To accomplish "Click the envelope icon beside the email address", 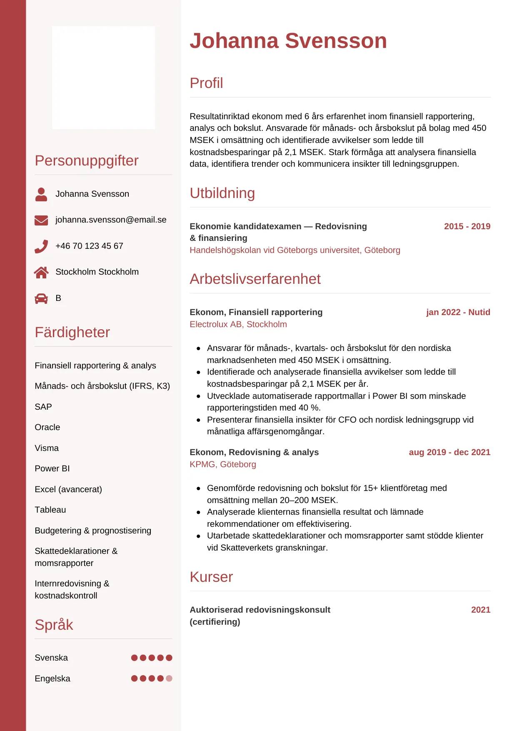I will [x=41, y=220].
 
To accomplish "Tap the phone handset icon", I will [x=41, y=246].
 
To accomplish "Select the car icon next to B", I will [x=41, y=298].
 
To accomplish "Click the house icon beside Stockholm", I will [x=41, y=273].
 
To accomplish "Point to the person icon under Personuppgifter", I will [x=41, y=194].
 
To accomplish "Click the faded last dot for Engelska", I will [x=169, y=678].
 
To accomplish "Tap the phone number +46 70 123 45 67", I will [x=89, y=246].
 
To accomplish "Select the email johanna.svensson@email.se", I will [x=111, y=220].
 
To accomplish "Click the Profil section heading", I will [x=206, y=83].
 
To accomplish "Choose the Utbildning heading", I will [x=222, y=193].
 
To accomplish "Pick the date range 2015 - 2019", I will [x=467, y=226].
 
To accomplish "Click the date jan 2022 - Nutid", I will [x=458, y=312].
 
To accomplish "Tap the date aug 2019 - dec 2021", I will [x=450, y=452].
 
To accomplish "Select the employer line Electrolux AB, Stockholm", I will [x=238, y=324].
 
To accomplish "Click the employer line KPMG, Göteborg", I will [x=223, y=464].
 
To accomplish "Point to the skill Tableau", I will [x=50, y=510].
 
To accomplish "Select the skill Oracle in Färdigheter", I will [x=47, y=427].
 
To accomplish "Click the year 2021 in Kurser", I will [x=480, y=610].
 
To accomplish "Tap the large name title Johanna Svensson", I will [x=288, y=41].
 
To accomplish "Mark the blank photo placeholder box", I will [x=103, y=78].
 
